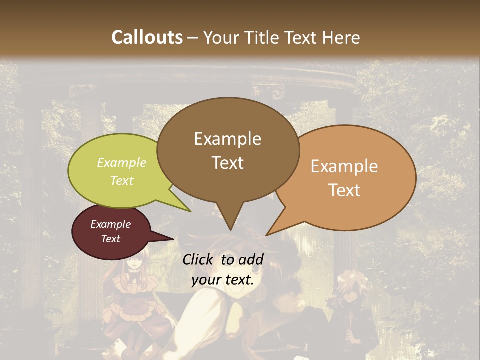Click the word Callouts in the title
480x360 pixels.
(147, 37)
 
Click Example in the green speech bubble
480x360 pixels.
(122, 162)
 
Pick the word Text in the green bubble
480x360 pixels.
(122, 180)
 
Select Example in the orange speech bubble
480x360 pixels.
(344, 166)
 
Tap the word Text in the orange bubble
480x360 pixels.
(344, 190)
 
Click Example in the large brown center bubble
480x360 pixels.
(227, 139)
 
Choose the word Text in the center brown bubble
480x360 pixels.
(227, 163)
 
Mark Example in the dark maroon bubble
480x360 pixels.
(110, 224)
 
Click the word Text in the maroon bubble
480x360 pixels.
(110, 239)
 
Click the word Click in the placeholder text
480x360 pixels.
(198, 259)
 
